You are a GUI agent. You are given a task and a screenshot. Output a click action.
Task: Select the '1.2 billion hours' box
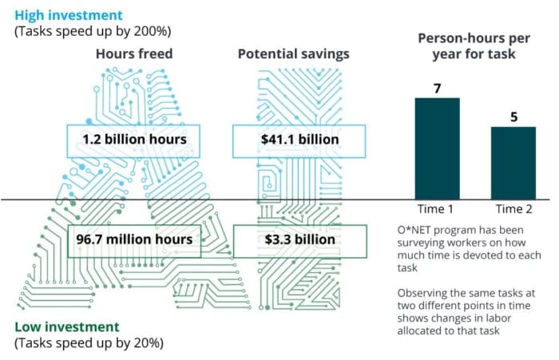click(133, 140)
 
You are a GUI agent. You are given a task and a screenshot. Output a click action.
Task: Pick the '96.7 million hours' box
click(133, 239)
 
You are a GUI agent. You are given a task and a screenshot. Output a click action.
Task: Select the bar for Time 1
click(437, 148)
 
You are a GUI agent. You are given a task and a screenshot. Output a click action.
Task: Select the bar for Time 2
click(513, 163)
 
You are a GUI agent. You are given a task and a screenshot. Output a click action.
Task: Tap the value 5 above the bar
click(513, 116)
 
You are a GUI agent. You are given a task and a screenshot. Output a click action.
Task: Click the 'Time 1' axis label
click(437, 209)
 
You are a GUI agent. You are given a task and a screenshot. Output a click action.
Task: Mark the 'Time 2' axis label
click(513, 209)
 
